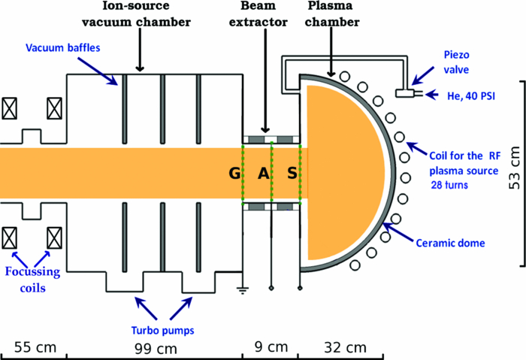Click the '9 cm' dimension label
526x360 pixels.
point(270,347)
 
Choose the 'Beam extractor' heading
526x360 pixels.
point(264,15)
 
